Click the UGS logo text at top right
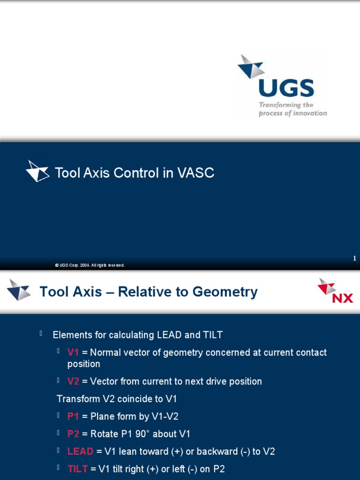(x=286, y=88)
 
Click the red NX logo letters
(x=343, y=298)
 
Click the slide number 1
(x=354, y=258)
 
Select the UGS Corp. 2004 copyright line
(x=90, y=265)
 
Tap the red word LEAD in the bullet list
(x=81, y=452)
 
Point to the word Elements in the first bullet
(x=71, y=335)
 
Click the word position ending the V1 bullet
(x=84, y=364)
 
